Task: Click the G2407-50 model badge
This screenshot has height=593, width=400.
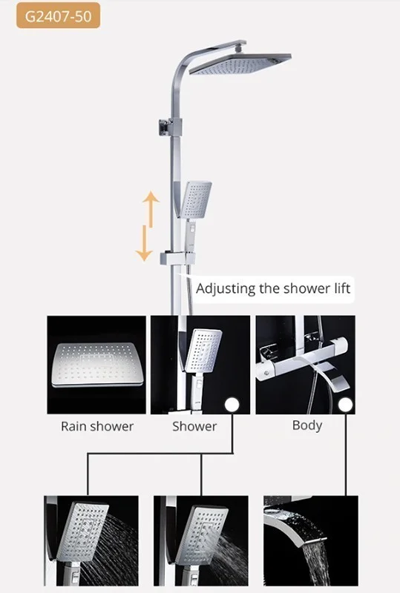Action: (58, 16)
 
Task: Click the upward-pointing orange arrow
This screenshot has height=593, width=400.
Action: (151, 209)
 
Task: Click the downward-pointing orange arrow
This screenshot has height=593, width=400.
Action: (144, 243)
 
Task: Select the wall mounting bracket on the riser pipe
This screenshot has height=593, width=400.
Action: (170, 127)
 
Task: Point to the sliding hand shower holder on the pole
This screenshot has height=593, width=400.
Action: (178, 258)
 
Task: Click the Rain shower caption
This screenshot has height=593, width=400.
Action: (97, 427)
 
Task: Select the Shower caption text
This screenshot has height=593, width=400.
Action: (194, 427)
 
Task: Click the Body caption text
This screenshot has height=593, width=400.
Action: (307, 425)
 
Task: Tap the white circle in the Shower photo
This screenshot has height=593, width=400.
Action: (232, 405)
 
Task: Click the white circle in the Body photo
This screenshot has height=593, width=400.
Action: (346, 405)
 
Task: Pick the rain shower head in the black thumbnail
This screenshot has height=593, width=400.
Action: (97, 365)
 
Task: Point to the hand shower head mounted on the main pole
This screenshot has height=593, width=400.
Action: (196, 199)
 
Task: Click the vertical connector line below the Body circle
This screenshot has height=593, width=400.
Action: (346, 454)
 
